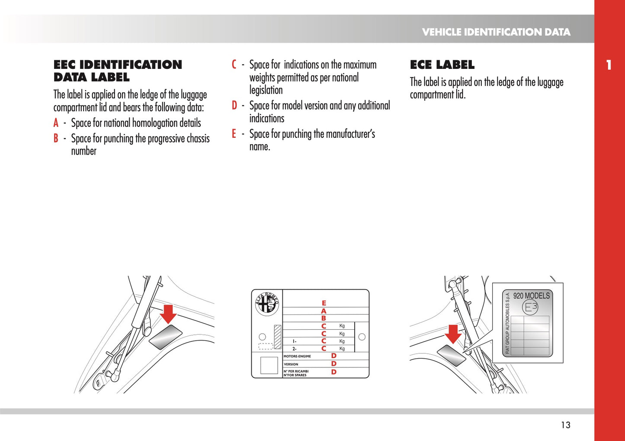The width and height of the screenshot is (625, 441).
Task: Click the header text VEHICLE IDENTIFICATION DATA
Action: tap(496, 32)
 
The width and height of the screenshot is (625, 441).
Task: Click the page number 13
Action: tap(565, 425)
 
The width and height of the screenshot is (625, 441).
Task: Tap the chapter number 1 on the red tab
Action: tap(609, 65)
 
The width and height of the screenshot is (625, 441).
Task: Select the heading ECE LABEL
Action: tap(442, 65)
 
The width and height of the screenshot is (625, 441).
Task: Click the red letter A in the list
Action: tap(56, 123)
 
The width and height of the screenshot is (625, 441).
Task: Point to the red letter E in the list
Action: tap(234, 134)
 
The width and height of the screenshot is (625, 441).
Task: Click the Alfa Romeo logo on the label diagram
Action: tap(267, 304)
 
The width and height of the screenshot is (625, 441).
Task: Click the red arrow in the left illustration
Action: tap(168, 313)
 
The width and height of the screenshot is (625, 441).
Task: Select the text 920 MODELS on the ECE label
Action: tap(532, 296)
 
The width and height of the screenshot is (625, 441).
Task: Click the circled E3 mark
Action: tap(530, 307)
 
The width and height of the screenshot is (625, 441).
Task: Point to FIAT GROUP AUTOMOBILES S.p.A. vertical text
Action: tap(508, 323)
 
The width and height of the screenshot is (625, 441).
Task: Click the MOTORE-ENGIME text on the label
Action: tap(297, 356)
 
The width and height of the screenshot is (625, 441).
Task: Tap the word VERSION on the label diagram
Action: tap(291, 364)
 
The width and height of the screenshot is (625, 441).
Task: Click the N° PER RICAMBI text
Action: tap(296, 371)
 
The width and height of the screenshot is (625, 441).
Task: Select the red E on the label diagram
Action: tap(324, 303)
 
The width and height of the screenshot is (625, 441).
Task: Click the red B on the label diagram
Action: tap(324, 318)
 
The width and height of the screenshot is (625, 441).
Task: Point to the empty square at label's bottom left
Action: tap(269, 365)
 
